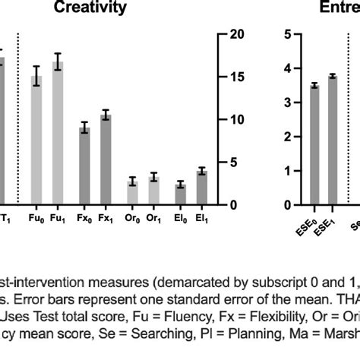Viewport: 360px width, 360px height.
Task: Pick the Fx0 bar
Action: (84, 166)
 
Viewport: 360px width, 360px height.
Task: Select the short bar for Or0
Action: (132, 194)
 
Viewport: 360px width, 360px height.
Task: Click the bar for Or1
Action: (153, 191)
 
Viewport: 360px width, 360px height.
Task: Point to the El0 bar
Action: (180, 194)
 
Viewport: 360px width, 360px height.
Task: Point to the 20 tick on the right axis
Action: (237, 35)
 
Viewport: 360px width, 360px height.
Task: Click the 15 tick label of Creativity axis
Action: (237, 77)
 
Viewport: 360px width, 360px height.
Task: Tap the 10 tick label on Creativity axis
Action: (237, 120)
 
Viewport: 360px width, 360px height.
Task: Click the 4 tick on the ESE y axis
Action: (287, 68)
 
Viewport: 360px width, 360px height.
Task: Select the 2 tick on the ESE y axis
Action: (287, 137)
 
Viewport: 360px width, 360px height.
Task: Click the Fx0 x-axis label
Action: (84, 218)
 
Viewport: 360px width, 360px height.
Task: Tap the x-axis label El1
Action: (201, 218)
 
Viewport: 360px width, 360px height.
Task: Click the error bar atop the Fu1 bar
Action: (58, 62)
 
